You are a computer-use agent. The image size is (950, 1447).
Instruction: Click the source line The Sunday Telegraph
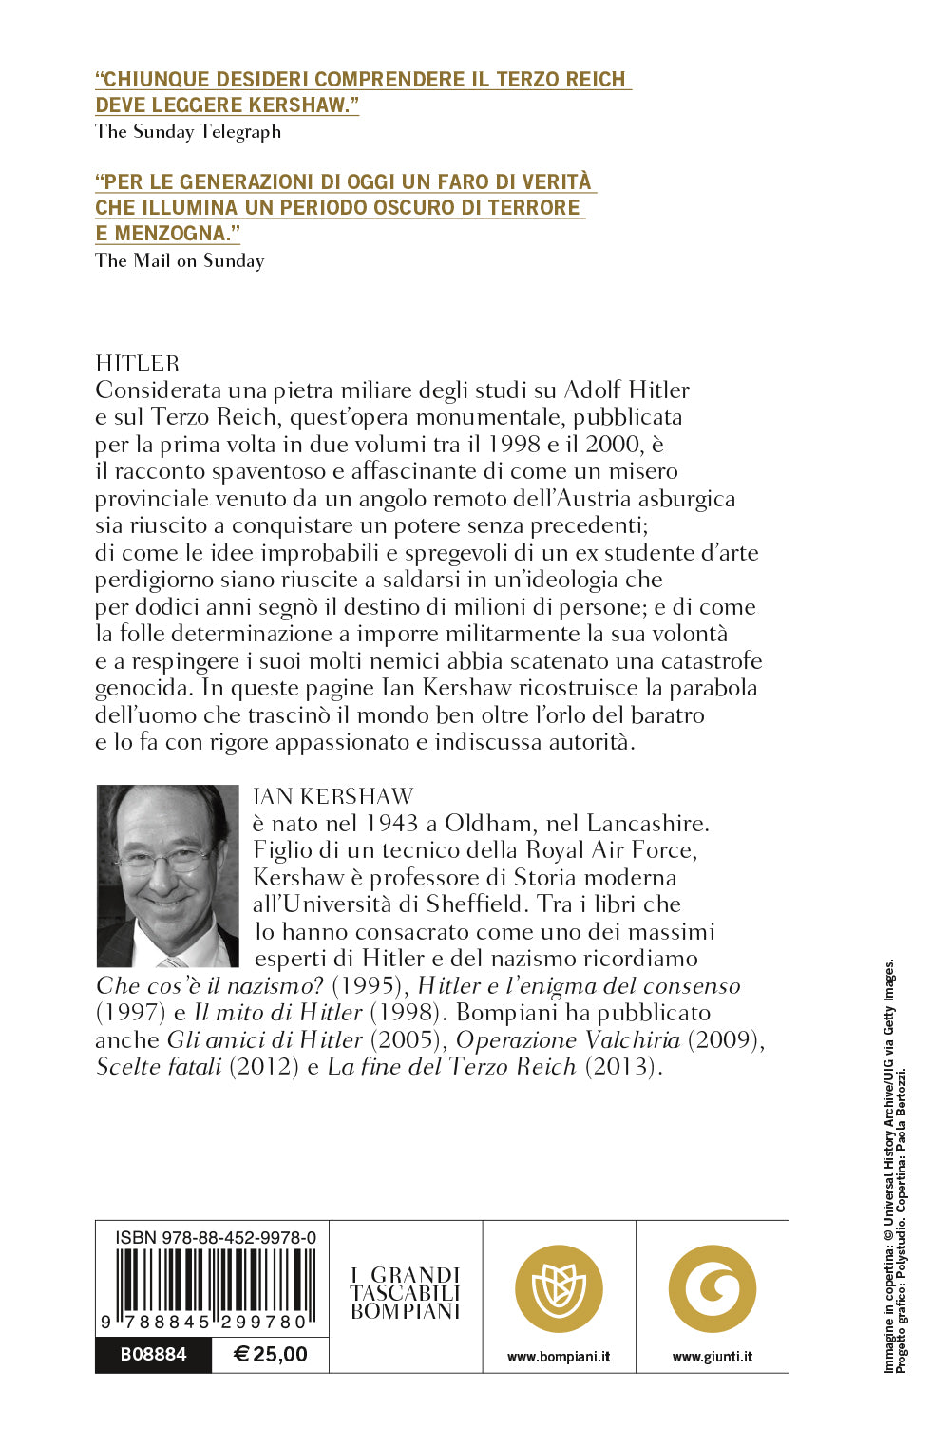coord(188,131)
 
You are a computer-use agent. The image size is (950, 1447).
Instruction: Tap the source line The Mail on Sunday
coord(180,260)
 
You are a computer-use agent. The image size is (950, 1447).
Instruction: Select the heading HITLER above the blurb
coord(137,363)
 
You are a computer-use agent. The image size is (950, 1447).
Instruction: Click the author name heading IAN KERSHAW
coord(333,796)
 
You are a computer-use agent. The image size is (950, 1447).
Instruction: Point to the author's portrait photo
coord(168,875)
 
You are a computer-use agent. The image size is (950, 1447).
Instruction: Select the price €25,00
coord(271,1354)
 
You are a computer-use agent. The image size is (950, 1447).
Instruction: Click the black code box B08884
coord(153,1354)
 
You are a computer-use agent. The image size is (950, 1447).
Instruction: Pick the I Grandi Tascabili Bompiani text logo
coord(406,1293)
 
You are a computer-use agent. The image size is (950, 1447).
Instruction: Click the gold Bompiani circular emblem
coord(559,1289)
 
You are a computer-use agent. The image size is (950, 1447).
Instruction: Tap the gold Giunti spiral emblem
coord(712,1289)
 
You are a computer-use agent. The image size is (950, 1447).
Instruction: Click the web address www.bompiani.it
coord(559,1357)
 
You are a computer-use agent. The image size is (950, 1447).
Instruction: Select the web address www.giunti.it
coord(712,1357)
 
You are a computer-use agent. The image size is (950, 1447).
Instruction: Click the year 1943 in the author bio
coord(392,823)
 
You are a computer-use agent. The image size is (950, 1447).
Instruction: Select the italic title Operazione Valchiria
coord(568,1039)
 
